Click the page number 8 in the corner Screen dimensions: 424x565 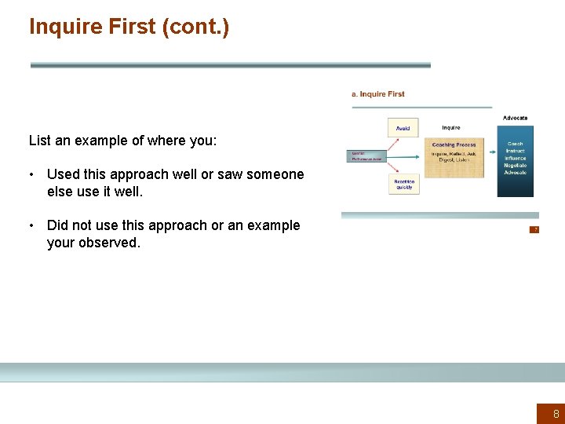[556, 414]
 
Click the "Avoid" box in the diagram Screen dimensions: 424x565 [403, 128]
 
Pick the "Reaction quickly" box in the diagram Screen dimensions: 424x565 [403, 185]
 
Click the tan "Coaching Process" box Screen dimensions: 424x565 [454, 158]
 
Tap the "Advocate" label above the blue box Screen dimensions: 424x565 [515, 118]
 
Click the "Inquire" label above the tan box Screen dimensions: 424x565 [451, 128]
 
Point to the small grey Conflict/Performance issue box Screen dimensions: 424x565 [366, 156]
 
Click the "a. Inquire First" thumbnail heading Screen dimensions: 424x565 [378, 94]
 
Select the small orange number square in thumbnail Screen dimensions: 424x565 [534, 229]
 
